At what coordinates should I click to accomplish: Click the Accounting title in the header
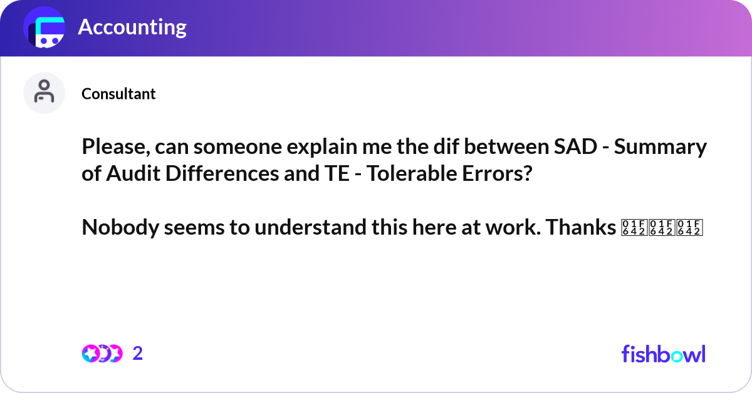pos(132,27)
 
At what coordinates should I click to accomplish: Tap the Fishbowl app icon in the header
pos(44,28)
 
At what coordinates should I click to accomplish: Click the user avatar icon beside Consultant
pos(44,93)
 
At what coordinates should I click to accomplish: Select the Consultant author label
pos(118,94)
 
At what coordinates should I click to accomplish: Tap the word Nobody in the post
pos(120,228)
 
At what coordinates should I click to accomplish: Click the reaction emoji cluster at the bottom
pos(102,354)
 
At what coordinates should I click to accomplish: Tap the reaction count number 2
pos(138,354)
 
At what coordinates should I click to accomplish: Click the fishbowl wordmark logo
pos(663,354)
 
